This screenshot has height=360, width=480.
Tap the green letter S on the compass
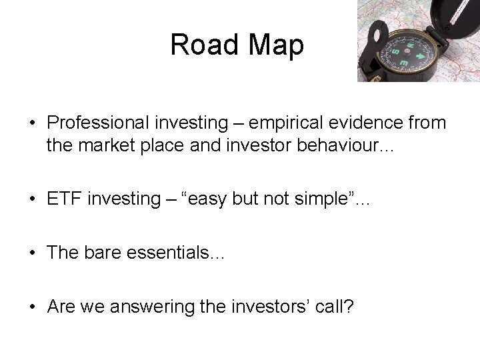tap(395, 51)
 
